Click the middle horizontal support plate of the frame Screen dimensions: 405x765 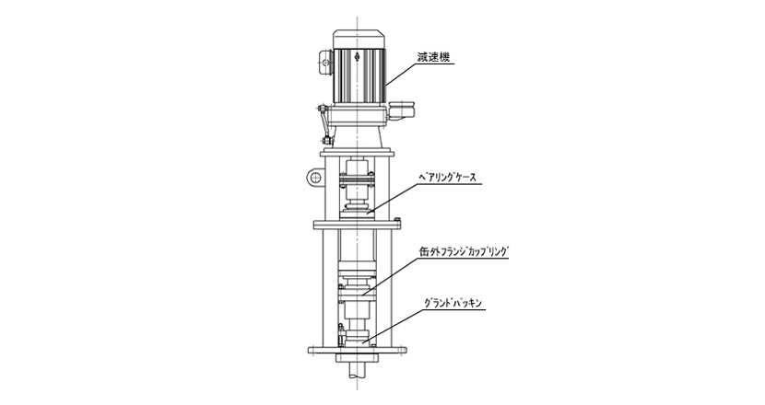coord(358,223)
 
